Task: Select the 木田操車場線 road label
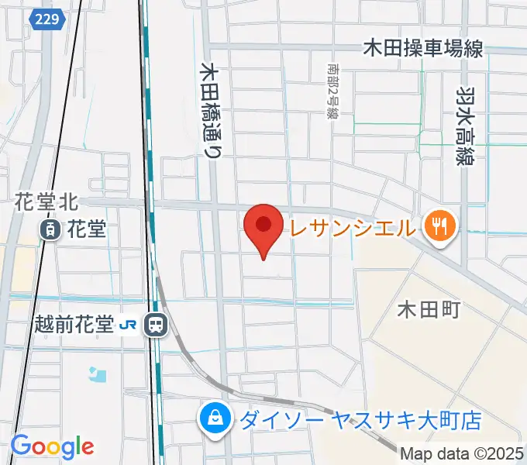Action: pyautogui.click(x=424, y=49)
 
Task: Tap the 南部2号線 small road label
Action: pyautogui.click(x=333, y=91)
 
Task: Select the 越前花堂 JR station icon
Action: pyautogui.click(x=157, y=325)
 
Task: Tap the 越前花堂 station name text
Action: pyautogui.click(x=74, y=325)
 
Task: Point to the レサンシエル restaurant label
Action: pyautogui.click(x=353, y=228)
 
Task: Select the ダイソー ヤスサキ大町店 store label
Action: pyautogui.click(x=360, y=420)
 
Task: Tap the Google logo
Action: pyautogui.click(x=52, y=447)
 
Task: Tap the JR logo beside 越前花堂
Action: pyautogui.click(x=132, y=325)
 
